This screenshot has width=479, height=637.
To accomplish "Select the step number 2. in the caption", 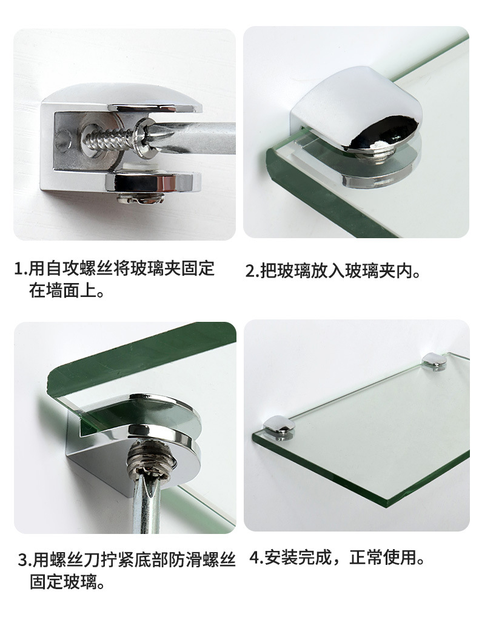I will click(252, 271).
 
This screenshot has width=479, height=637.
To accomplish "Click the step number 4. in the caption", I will click(255, 558).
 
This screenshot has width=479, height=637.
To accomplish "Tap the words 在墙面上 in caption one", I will click(59, 292).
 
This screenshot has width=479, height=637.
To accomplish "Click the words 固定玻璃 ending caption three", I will click(59, 583).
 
